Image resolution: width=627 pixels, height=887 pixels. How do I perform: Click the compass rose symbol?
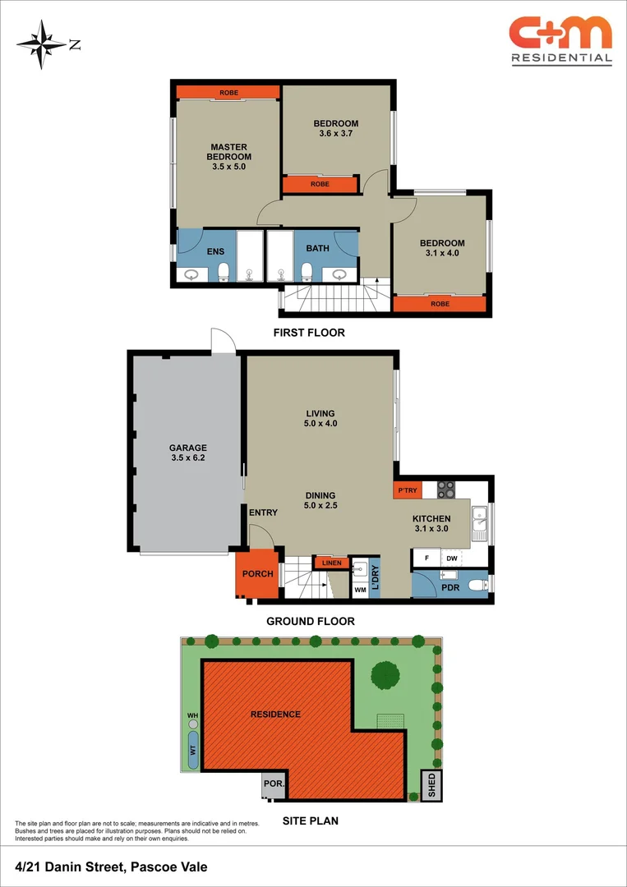[x=42, y=44]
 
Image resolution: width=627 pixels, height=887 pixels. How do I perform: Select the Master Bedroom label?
[x=228, y=157]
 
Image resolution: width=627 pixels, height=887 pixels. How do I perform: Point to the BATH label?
[x=317, y=248]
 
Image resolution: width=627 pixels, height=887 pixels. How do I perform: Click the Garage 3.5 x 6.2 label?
[x=187, y=453]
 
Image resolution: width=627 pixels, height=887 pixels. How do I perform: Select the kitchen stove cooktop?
[x=445, y=490]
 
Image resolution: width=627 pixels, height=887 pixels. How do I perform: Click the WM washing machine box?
[x=360, y=589]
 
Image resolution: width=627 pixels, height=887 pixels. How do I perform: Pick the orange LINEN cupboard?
[x=331, y=563]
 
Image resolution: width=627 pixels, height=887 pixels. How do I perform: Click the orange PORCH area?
[x=257, y=573]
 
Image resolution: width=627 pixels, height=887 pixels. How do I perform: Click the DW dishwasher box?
[x=451, y=559]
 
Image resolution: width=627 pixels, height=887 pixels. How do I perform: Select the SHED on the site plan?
[x=431, y=785]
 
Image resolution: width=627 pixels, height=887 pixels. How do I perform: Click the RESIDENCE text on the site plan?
[x=275, y=714]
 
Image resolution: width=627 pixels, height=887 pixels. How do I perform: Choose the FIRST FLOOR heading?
[x=309, y=333]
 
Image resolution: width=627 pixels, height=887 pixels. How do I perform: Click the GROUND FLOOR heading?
[x=311, y=621]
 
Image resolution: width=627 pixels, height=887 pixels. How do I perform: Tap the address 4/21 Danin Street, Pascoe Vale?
[x=111, y=866]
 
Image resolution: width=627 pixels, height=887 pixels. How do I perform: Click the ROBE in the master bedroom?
[x=228, y=93]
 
